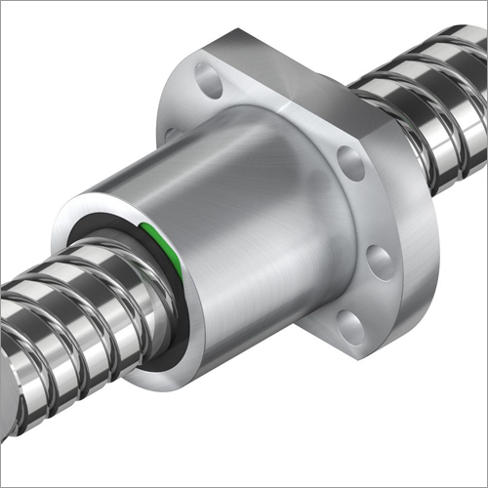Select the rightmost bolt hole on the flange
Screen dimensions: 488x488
pos(380,261)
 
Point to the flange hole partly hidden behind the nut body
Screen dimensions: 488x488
pos(173,131)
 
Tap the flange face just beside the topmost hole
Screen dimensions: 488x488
pos(234,78)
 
